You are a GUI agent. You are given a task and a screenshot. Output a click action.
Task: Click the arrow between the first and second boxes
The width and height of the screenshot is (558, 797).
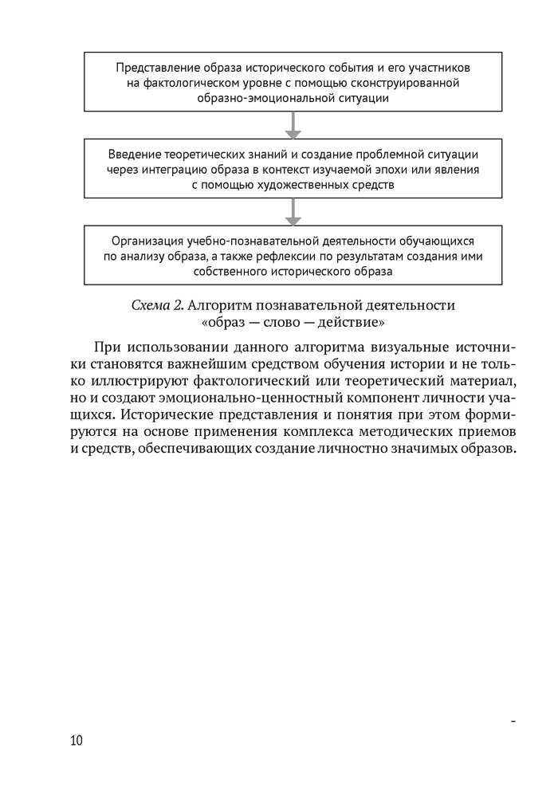coord(294,124)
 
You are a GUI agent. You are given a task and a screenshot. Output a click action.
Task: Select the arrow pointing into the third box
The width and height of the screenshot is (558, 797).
coord(294,211)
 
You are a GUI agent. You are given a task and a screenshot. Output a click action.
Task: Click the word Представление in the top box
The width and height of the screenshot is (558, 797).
coord(153,67)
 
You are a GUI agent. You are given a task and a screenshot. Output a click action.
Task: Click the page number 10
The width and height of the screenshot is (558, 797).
coord(77,741)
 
